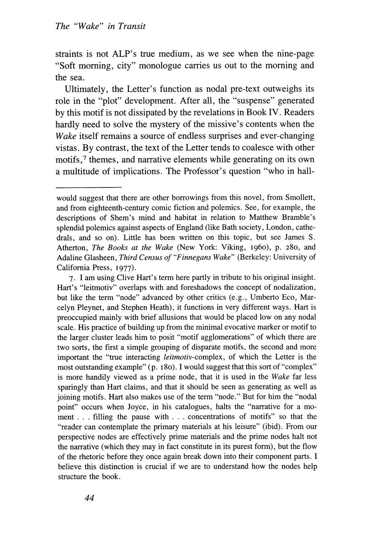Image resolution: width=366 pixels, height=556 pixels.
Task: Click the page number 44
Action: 89,498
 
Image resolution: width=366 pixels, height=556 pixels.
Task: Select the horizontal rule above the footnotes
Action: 89,187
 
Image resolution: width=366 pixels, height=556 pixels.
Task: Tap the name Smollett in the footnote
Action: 297,198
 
